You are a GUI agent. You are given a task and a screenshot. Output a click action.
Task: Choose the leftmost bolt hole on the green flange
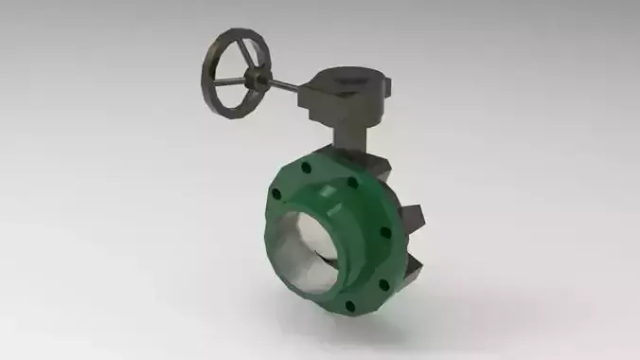click(276, 196)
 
